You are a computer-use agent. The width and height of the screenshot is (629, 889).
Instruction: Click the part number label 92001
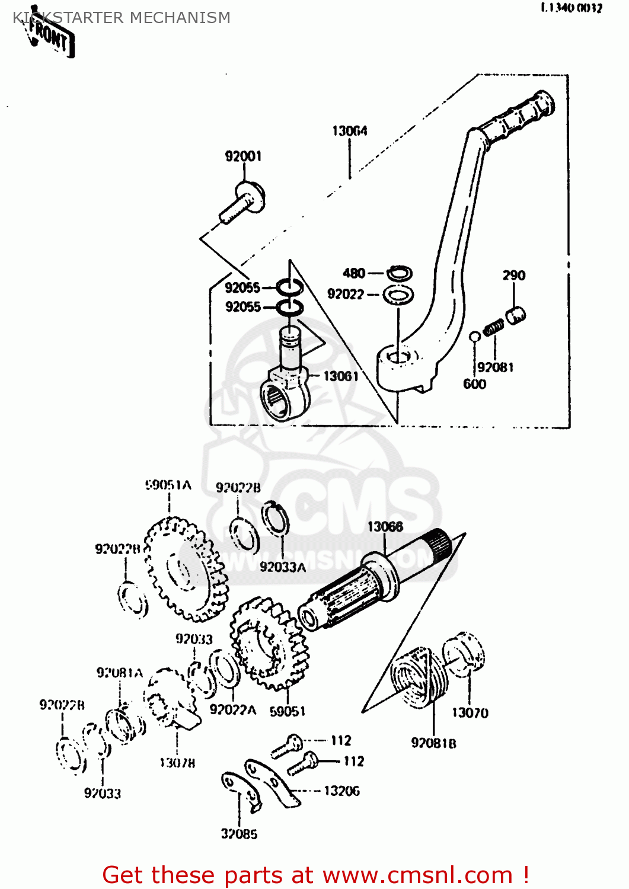point(243,156)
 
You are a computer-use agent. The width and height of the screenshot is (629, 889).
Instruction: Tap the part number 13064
point(349,131)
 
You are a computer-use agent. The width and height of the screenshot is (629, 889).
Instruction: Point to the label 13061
point(340,376)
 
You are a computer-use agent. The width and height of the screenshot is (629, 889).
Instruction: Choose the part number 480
point(354,273)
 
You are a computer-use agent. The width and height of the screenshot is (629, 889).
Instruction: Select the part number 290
point(513,276)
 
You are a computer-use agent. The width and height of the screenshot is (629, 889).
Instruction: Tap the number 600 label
point(474,384)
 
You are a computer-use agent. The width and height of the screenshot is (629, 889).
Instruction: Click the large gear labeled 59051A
point(186,570)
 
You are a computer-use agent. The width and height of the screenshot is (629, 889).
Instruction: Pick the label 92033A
point(283,567)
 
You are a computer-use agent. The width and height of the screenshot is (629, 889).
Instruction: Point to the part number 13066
point(385,527)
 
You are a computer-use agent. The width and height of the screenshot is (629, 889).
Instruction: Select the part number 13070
point(470,713)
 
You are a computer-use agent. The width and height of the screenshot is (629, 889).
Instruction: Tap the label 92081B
point(433,743)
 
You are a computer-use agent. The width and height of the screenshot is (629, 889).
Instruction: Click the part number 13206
point(341,791)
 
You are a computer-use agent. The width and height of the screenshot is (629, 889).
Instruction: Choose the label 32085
point(239,834)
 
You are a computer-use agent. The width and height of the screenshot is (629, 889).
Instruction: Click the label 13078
point(177,763)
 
